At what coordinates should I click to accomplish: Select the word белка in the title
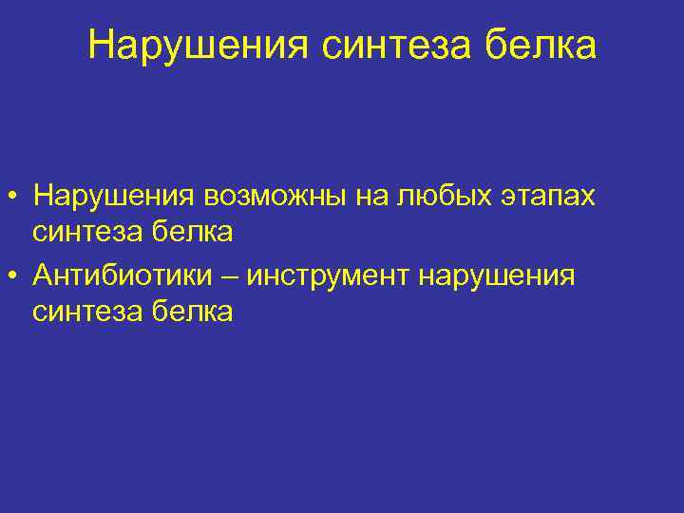(x=544, y=46)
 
